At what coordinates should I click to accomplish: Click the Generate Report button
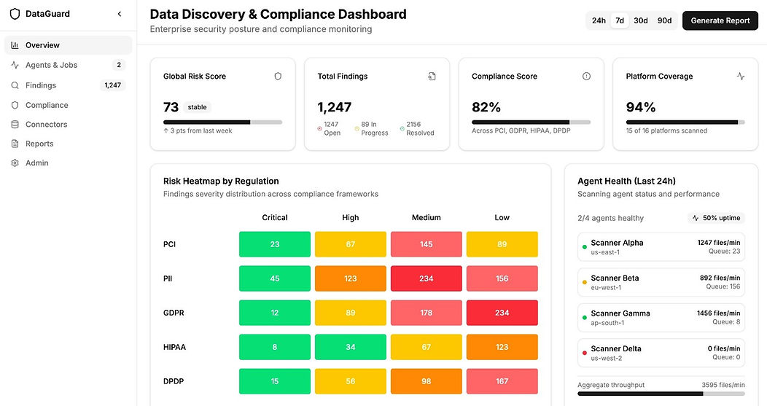720,20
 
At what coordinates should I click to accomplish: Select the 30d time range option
641,20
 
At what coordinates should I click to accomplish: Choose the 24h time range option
599,20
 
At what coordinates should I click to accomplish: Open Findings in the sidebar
41,85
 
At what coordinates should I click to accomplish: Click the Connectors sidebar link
46,125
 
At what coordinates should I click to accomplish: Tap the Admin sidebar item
36,163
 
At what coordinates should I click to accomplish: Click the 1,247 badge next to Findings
113,85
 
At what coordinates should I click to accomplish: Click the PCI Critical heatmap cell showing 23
275,244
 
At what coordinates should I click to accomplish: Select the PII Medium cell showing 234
427,278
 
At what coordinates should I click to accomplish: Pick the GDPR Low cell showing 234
502,313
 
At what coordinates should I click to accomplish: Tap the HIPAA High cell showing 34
351,347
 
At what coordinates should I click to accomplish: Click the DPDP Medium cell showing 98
427,381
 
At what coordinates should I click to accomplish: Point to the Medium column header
427,217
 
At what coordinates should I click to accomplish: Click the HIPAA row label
174,347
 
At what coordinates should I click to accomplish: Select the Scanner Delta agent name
616,348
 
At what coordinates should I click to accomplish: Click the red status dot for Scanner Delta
584,353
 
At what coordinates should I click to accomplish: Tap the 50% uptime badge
716,218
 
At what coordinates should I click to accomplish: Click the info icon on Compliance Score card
586,76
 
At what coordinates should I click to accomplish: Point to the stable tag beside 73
197,107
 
